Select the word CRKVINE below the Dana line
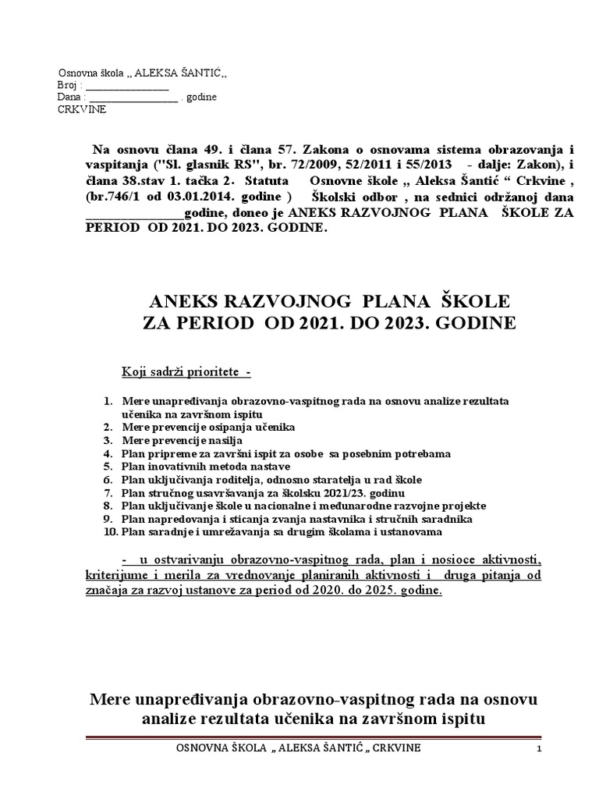tap(82, 109)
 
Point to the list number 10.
tap(109, 532)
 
